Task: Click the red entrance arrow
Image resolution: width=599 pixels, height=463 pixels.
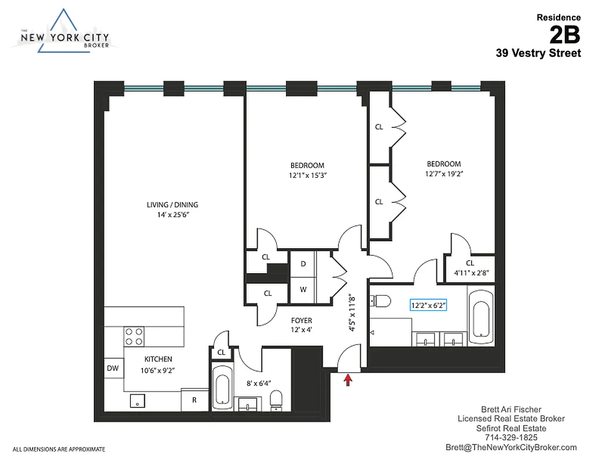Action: coord(348,380)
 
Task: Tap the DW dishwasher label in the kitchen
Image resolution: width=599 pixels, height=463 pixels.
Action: coord(113,368)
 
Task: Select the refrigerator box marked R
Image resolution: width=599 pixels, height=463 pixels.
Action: coord(194,399)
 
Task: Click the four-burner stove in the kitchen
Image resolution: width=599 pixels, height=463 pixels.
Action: coord(134,336)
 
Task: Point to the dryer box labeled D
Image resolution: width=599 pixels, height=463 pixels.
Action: coord(303,263)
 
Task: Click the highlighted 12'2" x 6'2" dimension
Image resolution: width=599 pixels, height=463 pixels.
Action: coord(429,304)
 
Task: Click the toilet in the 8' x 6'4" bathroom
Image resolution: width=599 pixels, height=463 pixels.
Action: coord(277,399)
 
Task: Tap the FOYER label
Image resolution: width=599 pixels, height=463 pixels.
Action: coord(302,321)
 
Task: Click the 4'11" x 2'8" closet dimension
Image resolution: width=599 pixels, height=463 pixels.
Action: coord(469,273)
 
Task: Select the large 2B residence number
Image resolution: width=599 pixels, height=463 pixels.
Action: coord(564,35)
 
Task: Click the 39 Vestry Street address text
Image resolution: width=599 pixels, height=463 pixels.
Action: coord(538,53)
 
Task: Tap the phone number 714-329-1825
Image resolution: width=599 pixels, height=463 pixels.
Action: coord(511,438)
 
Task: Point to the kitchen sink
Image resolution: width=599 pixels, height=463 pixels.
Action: coord(138,399)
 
